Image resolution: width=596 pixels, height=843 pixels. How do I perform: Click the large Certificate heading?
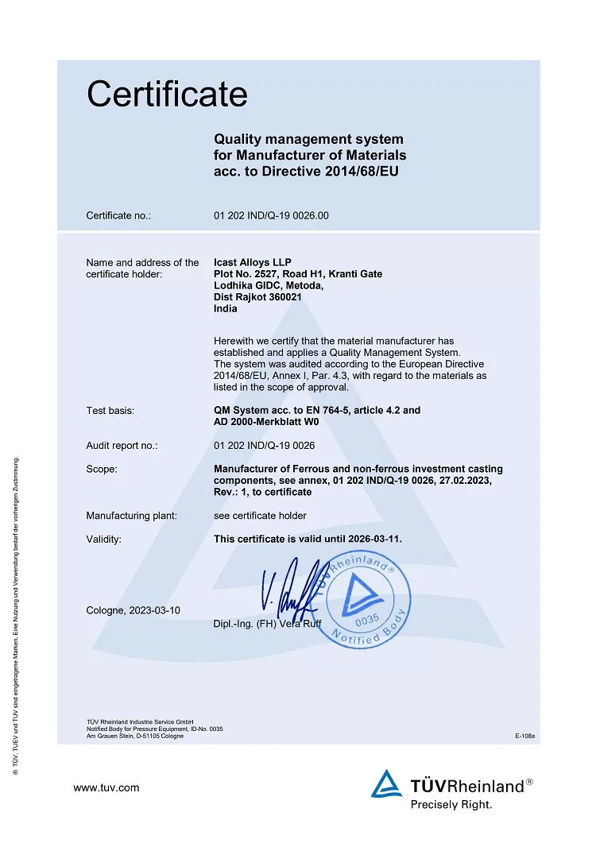click(167, 95)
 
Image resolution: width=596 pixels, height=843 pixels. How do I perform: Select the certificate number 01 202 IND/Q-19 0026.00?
click(271, 215)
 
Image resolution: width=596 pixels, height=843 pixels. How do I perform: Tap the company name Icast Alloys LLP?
click(253, 262)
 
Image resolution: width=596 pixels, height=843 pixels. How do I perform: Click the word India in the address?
click(226, 309)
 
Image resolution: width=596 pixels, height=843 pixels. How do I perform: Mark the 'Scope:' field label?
click(102, 470)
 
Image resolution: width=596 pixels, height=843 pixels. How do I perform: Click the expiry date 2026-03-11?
click(373, 539)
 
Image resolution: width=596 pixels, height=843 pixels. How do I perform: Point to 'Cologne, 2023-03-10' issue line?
click(134, 610)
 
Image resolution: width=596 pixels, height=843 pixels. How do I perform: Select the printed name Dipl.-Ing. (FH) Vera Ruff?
click(268, 623)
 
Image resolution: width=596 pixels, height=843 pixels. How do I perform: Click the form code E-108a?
click(525, 737)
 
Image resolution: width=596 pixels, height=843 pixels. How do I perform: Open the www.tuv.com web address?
click(106, 787)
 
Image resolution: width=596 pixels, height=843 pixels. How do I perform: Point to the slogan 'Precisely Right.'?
click(451, 804)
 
